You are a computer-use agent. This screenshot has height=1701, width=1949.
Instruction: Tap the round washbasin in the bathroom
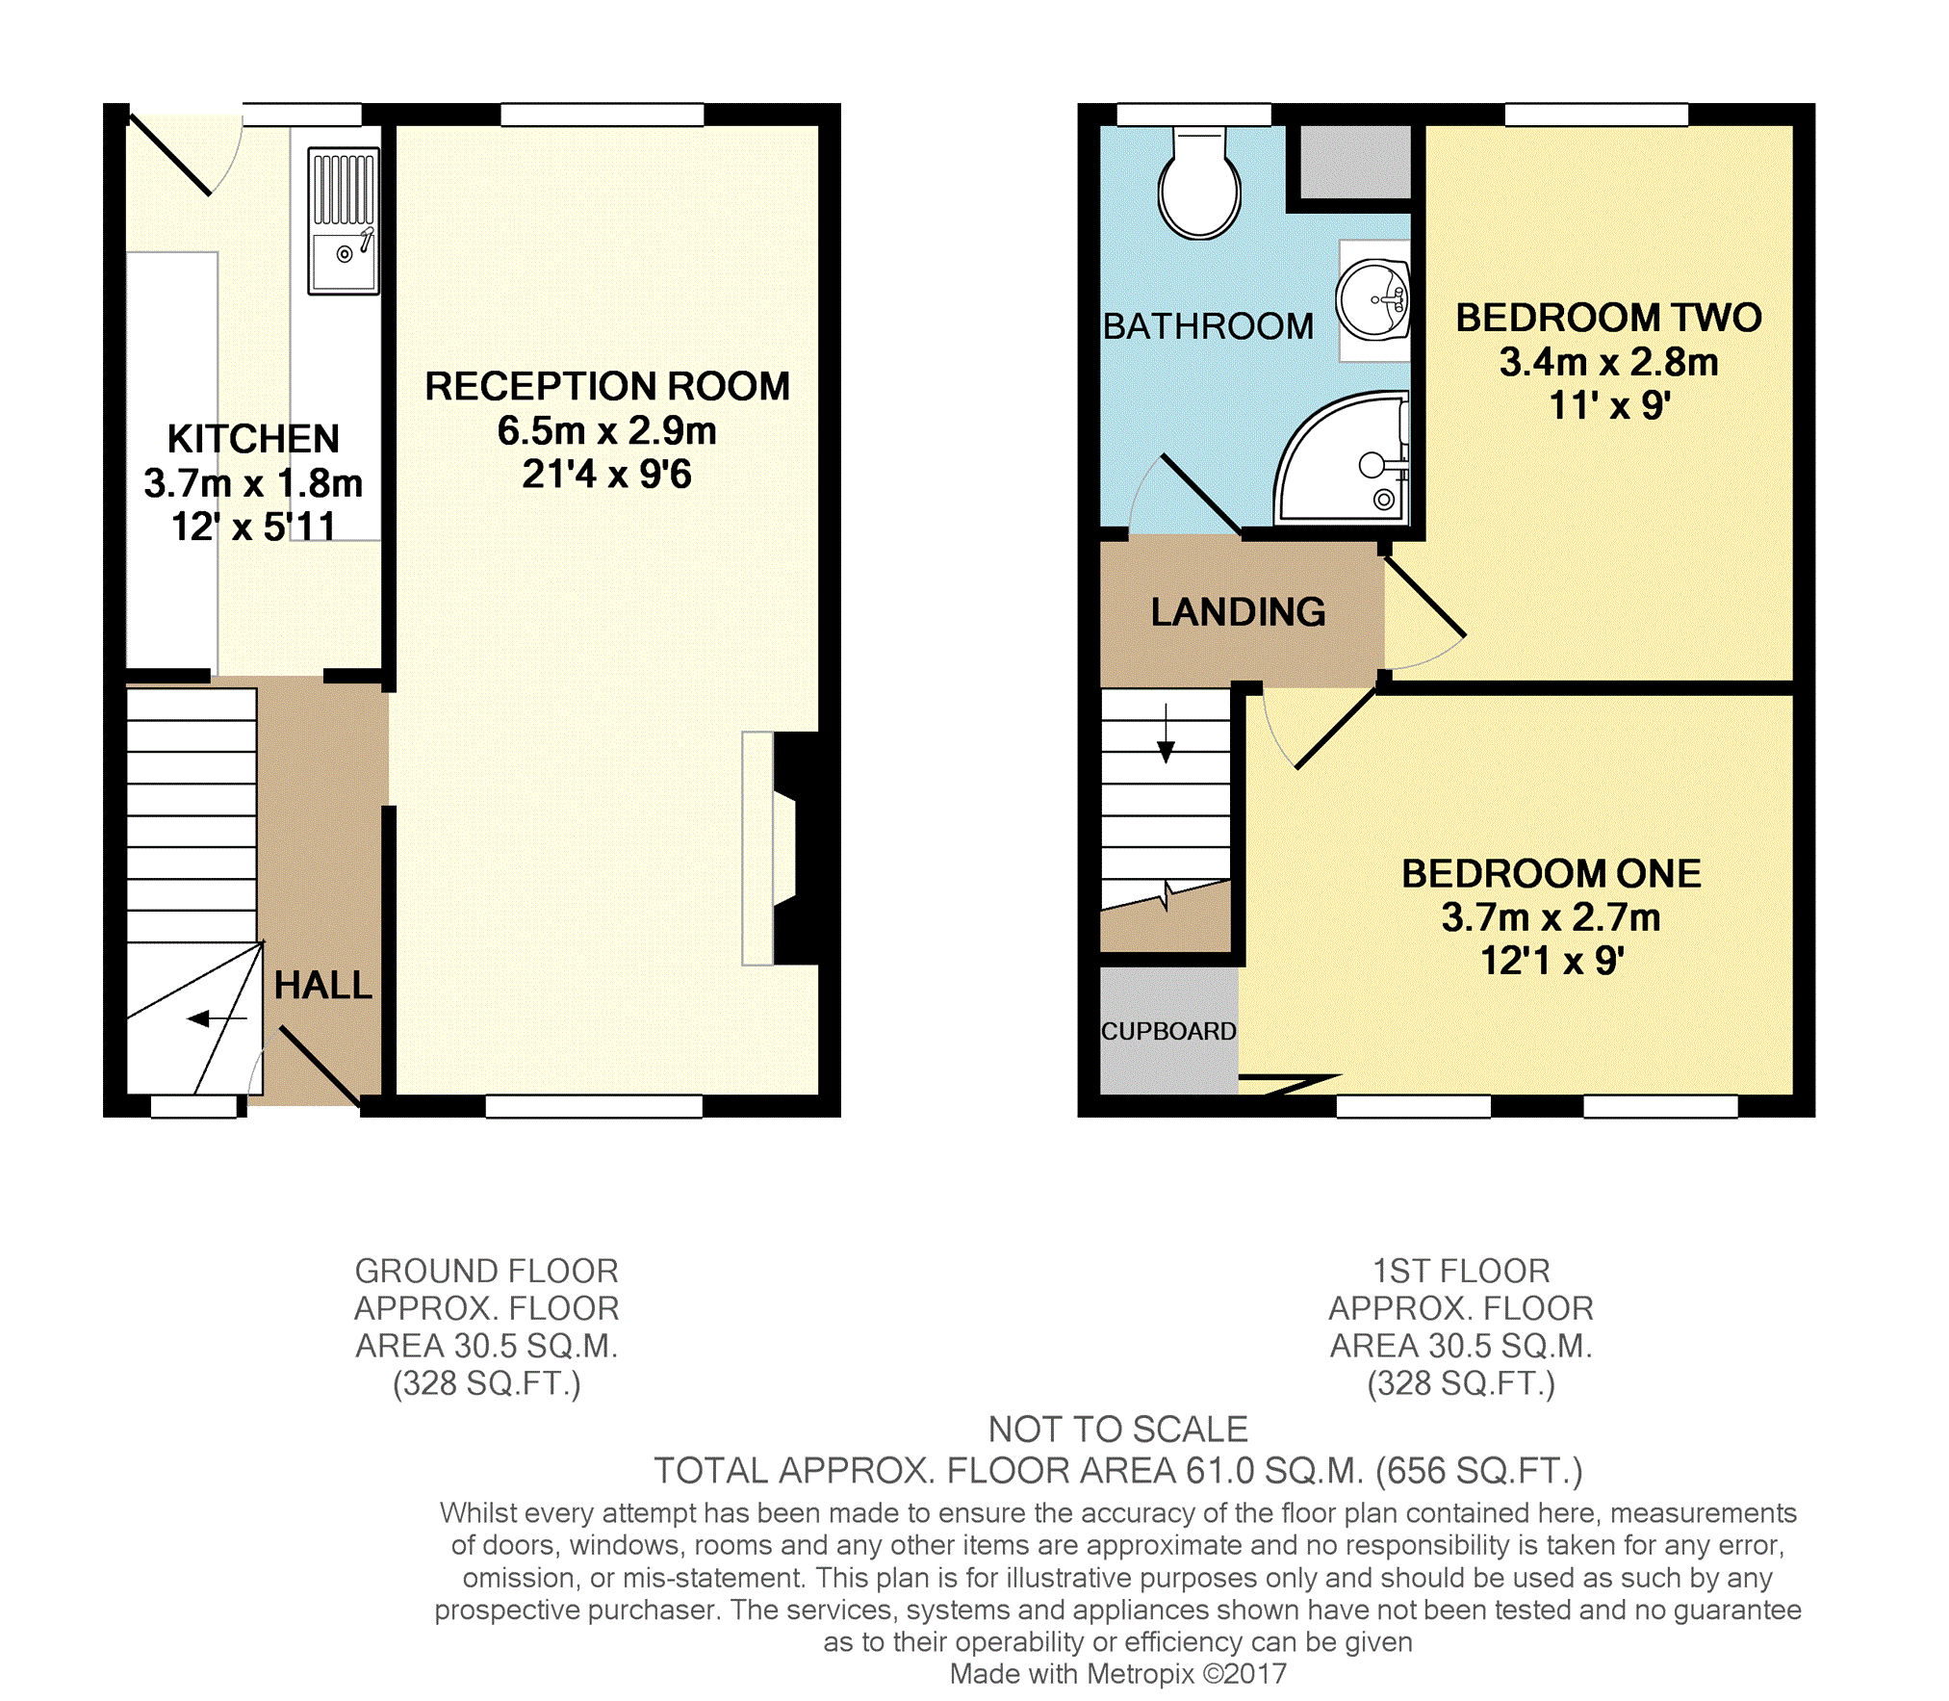[x=1373, y=300]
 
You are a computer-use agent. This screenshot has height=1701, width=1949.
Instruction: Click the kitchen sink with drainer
[x=343, y=220]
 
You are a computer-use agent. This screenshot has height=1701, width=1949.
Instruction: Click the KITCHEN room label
[x=253, y=439]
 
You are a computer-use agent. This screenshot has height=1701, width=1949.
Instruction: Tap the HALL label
[x=323, y=986]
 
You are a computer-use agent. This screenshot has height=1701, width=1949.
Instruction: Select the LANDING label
[x=1238, y=612]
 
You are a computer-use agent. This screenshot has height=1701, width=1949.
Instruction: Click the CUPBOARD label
[x=1168, y=1031]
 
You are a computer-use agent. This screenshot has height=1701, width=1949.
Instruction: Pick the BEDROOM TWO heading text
[x=1608, y=318]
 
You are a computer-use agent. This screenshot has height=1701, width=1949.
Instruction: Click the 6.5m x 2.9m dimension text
[x=606, y=431]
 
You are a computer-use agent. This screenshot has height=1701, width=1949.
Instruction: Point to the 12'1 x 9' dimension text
[x=1552, y=961]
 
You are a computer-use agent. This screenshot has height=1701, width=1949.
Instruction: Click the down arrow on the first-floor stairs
[x=1166, y=734]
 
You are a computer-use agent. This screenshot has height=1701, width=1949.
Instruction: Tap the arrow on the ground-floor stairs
[x=218, y=1018]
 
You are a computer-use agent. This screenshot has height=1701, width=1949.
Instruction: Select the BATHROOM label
[x=1208, y=326]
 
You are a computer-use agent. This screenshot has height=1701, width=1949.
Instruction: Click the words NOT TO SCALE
[x=1117, y=1430]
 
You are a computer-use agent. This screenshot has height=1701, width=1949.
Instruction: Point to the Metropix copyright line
[x=1117, y=1674]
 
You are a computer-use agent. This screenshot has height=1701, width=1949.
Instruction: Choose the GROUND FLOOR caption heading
[x=486, y=1271]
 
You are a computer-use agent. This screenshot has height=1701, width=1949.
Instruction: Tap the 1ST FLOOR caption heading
[x=1461, y=1271]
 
